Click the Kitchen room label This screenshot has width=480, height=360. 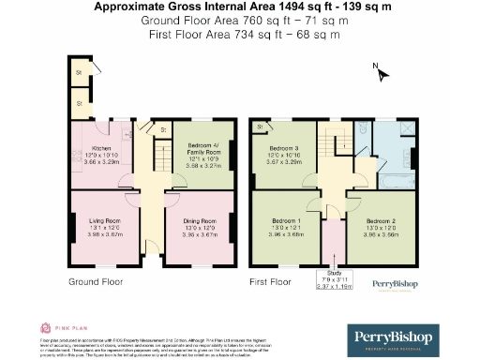[100, 150]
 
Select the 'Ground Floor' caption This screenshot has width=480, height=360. [96, 280]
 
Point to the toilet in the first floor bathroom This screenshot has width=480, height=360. [362, 132]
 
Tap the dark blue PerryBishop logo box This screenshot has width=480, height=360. [391, 338]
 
